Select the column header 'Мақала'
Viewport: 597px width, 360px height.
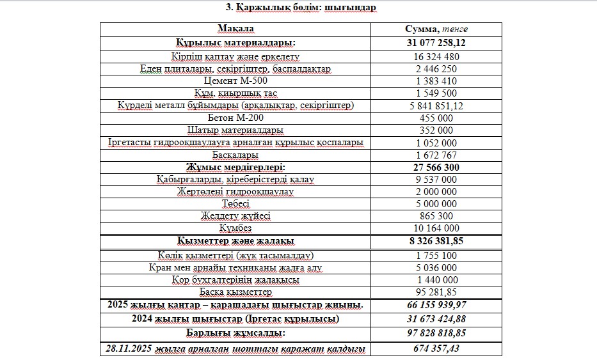click(x=235, y=29)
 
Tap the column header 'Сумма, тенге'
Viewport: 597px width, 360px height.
click(x=436, y=29)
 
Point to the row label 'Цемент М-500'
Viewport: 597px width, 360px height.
click(x=235, y=81)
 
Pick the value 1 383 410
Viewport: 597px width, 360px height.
click(x=436, y=81)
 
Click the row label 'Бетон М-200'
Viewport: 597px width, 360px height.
click(x=235, y=118)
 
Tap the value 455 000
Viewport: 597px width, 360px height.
click(x=436, y=118)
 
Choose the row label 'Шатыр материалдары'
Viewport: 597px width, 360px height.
click(x=235, y=130)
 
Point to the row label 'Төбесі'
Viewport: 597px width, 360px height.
click(x=235, y=204)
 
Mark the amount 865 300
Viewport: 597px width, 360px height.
click(x=436, y=216)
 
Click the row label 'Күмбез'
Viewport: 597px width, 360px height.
click(x=235, y=228)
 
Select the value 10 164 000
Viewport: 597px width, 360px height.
click(x=436, y=228)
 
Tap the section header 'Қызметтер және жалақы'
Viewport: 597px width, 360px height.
click(x=235, y=241)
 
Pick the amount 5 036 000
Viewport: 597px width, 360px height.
click(x=436, y=267)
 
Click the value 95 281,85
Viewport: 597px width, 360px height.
click(x=436, y=292)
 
